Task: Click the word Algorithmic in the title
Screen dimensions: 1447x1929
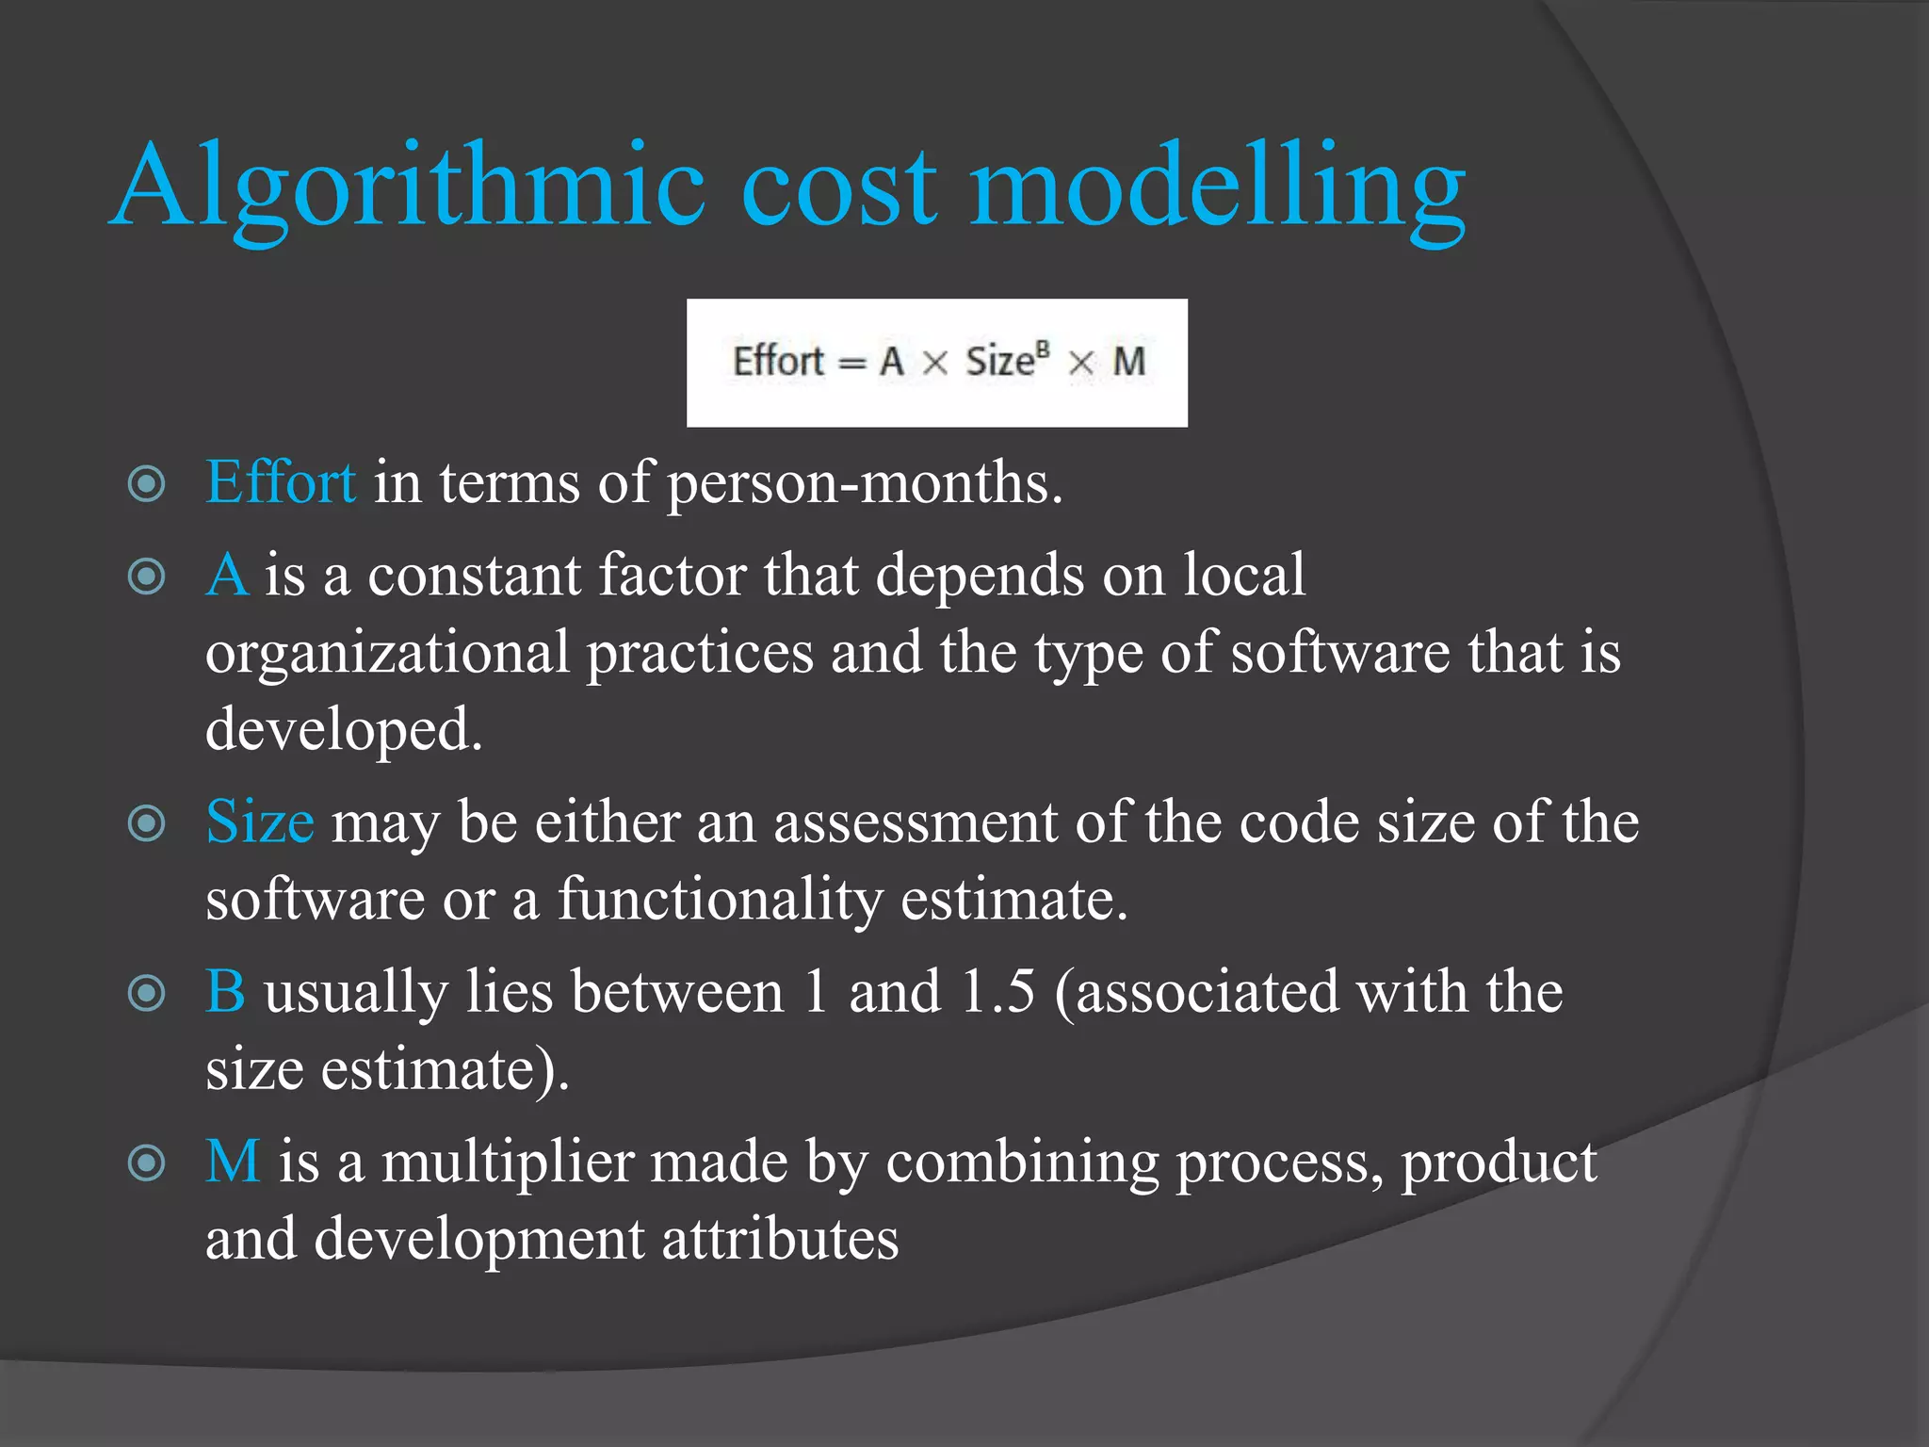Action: (410, 187)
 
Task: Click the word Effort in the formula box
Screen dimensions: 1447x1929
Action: (778, 362)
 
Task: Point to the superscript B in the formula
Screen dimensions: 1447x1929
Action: (1042, 350)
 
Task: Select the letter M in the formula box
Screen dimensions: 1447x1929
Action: (1128, 362)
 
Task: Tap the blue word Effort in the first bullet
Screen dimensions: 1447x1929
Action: (281, 482)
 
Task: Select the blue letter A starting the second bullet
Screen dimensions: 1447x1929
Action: (227, 575)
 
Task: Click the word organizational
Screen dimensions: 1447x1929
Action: (388, 654)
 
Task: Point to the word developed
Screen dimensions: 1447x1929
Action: (344, 730)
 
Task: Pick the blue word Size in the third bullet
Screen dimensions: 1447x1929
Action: (259, 821)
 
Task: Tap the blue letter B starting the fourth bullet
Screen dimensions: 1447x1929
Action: (226, 992)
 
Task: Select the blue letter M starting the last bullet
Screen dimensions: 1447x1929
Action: (233, 1162)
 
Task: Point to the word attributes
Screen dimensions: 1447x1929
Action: (780, 1239)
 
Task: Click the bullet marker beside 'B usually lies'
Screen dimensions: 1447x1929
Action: (147, 993)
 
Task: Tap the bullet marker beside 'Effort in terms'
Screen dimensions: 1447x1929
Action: (147, 484)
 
